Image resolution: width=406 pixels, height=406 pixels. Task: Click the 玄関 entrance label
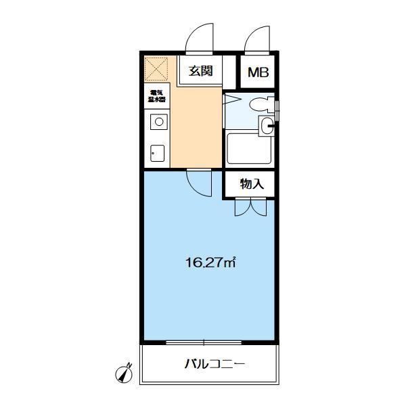(x=201, y=70)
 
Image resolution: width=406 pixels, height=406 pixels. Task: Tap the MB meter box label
(x=256, y=72)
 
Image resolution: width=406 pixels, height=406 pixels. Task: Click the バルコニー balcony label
(x=215, y=365)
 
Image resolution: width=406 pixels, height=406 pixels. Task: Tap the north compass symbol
(x=124, y=371)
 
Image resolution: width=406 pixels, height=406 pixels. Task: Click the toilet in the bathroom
(x=260, y=105)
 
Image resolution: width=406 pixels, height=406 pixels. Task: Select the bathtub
(x=248, y=148)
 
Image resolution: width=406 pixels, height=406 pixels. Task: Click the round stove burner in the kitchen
(x=158, y=122)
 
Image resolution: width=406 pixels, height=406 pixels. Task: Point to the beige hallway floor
(x=196, y=129)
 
